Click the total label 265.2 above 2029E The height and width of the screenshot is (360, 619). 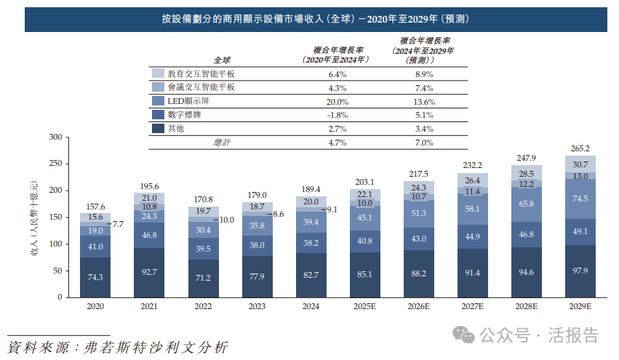point(580,148)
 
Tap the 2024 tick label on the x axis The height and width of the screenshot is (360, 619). point(311,307)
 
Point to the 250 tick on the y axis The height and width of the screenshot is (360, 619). point(55,164)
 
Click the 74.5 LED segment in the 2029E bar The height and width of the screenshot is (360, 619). point(580,199)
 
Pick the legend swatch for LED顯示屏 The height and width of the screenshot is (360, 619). point(157,101)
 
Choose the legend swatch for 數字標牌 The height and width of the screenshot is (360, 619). point(157,114)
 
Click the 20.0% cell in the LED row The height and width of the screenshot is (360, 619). point(338,102)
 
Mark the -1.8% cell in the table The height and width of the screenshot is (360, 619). point(338,115)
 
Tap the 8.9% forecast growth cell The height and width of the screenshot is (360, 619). point(424,74)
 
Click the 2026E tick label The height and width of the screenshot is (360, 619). point(418,307)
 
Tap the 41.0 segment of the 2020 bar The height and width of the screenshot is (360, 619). point(95,247)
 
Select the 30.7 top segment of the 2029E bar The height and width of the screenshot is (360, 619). point(580,165)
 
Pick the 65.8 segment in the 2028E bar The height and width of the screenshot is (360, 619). point(526,204)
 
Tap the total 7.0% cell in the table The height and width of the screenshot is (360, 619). point(424,143)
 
